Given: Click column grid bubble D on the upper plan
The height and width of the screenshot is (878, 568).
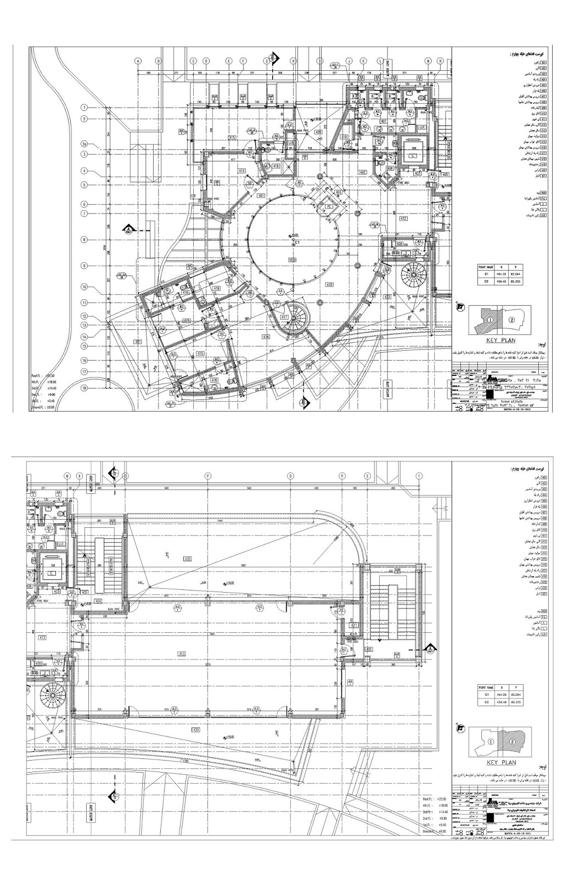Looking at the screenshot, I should coord(206,61).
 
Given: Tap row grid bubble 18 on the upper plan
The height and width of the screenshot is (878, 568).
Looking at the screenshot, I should coord(85,387).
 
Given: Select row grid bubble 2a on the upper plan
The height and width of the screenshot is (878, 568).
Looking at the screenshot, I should coord(85,144).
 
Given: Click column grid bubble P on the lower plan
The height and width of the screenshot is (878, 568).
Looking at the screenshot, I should coord(207,476).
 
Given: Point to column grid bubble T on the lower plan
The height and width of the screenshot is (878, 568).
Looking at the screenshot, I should coord(419,476).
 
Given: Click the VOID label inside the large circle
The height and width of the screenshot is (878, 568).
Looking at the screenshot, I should coord(292,258).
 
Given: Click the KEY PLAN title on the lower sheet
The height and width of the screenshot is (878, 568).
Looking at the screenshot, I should coord(501,762).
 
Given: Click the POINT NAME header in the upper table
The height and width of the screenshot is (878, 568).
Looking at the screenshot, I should coord(486,266).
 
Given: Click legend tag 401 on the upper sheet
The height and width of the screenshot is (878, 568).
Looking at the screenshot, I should coord(543,63).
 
